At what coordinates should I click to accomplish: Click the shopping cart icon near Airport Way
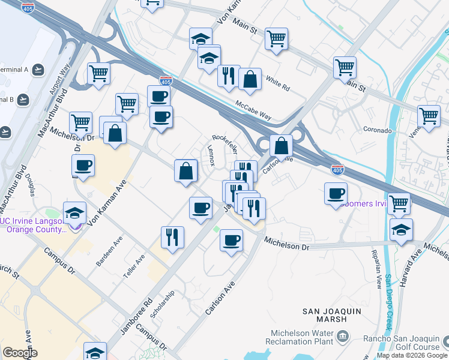tap(98, 74)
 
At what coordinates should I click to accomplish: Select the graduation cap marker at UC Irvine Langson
tap(74, 214)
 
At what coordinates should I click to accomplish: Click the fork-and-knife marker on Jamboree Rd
tap(172, 236)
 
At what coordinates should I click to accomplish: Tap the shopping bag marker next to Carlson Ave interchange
tap(280, 145)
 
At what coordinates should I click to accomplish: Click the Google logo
tap(20, 352)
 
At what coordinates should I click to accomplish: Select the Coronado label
tap(377, 130)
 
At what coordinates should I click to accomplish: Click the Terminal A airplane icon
tap(38, 70)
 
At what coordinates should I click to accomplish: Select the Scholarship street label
tap(163, 304)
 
